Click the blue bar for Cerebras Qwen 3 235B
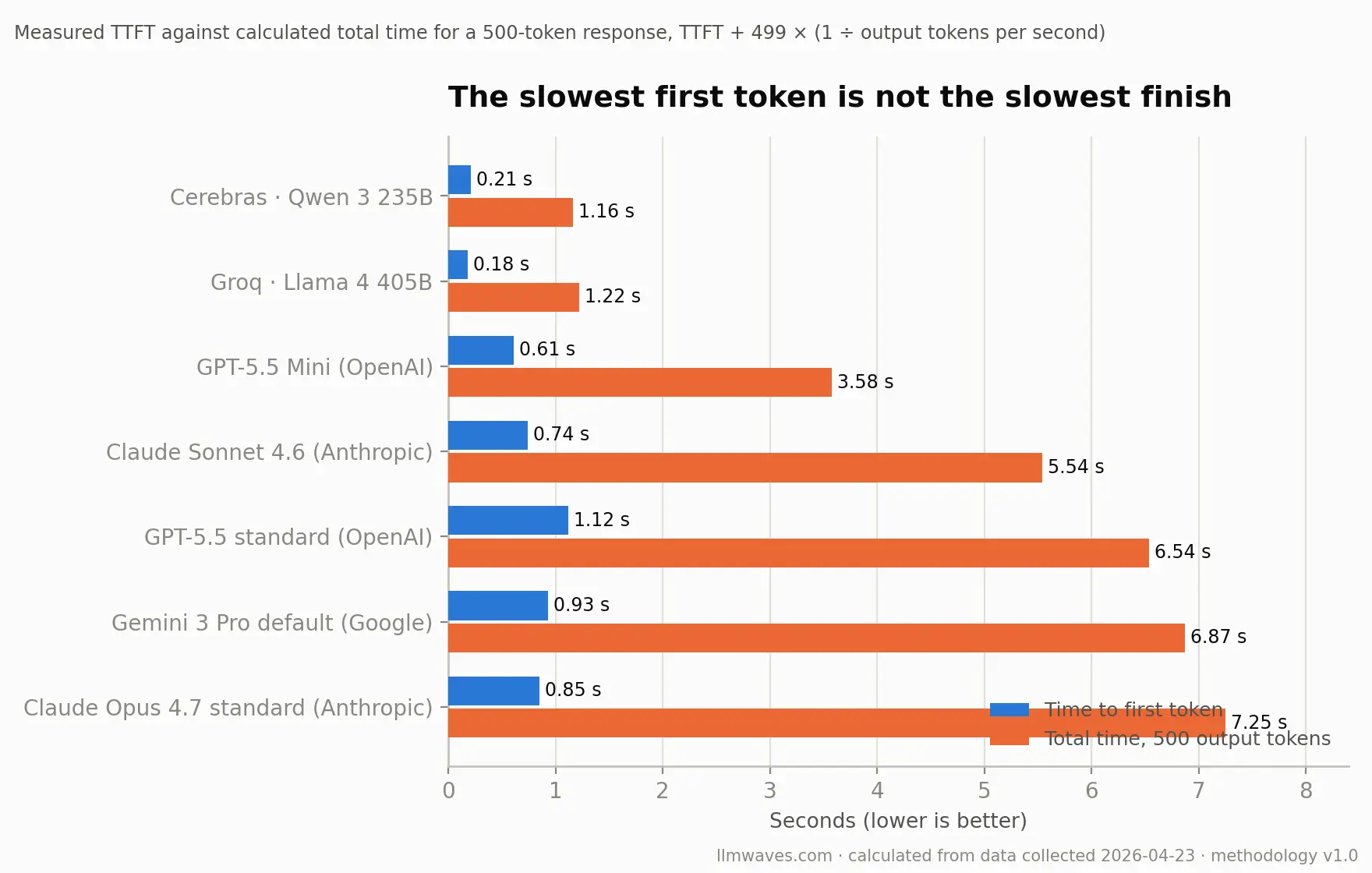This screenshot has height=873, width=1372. coord(460,179)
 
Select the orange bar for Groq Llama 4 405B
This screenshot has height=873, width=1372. coord(514,297)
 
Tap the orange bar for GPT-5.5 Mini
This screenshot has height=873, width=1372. coord(640,382)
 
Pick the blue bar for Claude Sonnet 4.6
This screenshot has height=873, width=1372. coord(488,435)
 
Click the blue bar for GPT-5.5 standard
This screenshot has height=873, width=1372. coord(508,520)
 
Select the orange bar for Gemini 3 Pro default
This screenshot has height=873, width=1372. coord(817,638)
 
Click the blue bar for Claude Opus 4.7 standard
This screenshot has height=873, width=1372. coord(494,691)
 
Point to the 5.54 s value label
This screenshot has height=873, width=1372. coord(1076,467)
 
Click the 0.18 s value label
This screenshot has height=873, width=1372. coord(501,264)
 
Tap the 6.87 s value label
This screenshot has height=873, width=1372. coord(1218,637)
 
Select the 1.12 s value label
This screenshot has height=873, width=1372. coord(602,520)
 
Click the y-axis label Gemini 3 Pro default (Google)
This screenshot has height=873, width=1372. coord(272,623)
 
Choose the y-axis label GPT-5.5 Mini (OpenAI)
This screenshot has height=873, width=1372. coord(315,367)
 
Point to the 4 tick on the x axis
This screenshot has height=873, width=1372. coord(877,790)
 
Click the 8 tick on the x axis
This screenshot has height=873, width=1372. coord(1306,790)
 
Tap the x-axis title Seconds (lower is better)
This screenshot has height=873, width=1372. coord(898,821)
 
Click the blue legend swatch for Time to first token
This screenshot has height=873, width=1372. coord(1010,709)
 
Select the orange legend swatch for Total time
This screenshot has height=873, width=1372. coord(1010,738)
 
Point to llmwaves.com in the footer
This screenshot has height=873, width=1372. coord(774,855)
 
